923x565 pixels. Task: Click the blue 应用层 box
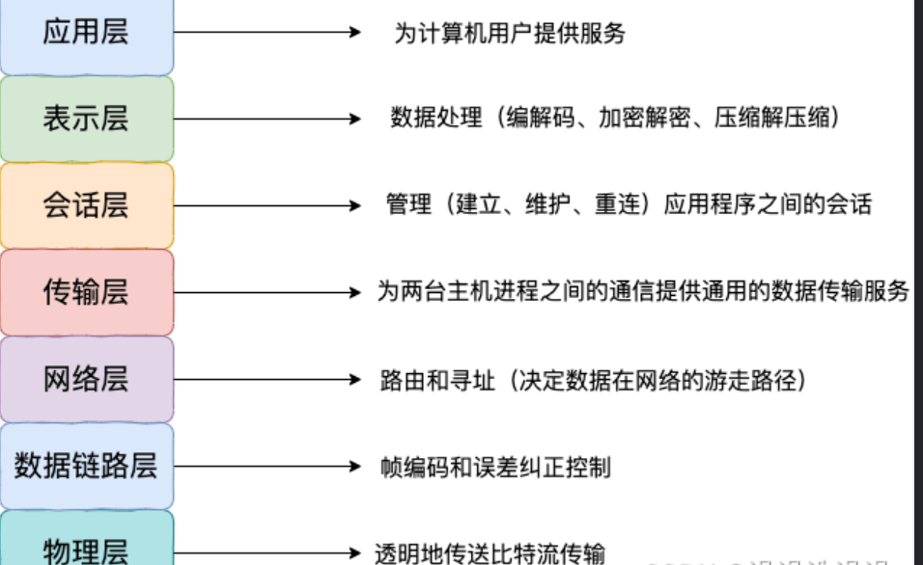coord(87,35)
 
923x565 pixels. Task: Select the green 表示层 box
coord(87,119)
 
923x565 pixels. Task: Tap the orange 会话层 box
coord(87,205)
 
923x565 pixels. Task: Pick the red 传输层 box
coord(87,292)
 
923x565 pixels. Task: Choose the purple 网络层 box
coord(87,379)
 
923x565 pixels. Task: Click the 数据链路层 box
coord(87,466)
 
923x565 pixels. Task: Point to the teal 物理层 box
coord(87,547)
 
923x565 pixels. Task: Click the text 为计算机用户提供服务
coord(510,34)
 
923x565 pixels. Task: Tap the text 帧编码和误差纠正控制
coord(495,468)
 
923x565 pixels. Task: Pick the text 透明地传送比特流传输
coord(489,553)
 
